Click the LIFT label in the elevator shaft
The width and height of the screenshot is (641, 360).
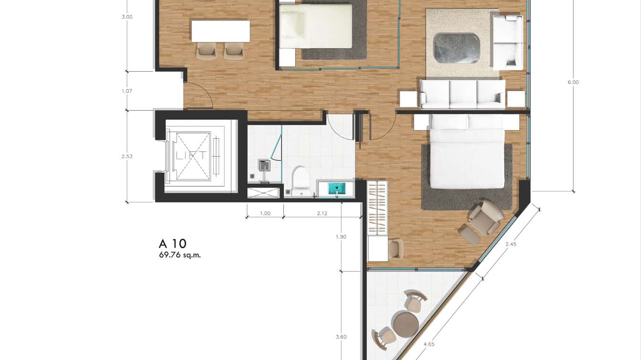click(x=191, y=155)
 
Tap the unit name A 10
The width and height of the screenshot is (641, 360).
click(x=173, y=244)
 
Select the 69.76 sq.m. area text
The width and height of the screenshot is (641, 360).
click(x=180, y=255)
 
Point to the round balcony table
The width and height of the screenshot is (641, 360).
click(x=405, y=324)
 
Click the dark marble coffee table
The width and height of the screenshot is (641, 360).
click(x=456, y=48)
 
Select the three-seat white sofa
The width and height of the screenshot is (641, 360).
click(x=462, y=94)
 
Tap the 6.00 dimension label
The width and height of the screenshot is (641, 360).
click(x=573, y=82)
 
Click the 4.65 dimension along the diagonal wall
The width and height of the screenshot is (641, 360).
click(x=428, y=344)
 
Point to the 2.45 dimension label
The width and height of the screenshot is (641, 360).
click(x=511, y=244)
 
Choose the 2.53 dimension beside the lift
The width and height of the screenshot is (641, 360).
click(x=127, y=156)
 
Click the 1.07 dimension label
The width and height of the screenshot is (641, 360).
click(x=127, y=91)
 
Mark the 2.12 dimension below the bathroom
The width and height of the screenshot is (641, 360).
click(x=322, y=213)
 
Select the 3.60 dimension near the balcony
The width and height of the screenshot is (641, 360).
click(x=341, y=337)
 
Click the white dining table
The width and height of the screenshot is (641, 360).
click(x=221, y=31)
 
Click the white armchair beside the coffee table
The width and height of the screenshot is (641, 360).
click(x=507, y=42)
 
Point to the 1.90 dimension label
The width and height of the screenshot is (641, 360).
click(x=341, y=237)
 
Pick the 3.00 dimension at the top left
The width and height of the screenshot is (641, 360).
click(x=127, y=17)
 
